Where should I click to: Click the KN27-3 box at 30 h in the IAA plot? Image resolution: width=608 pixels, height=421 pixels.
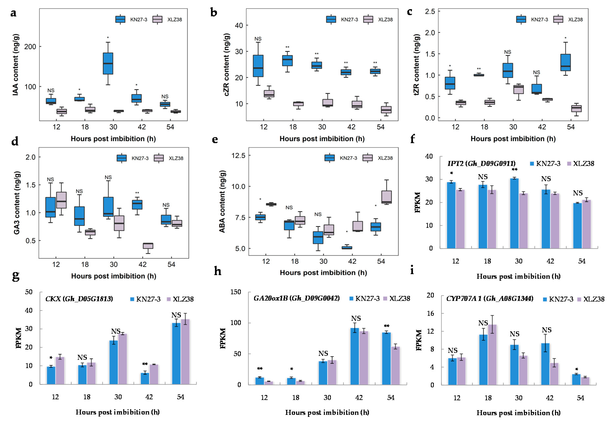click(x=108, y=63)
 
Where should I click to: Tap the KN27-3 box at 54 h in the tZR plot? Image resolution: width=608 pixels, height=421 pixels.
click(x=565, y=63)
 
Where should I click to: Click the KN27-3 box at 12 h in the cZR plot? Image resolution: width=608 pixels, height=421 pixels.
click(x=258, y=66)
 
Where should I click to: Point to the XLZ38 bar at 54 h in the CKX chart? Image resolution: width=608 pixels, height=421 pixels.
click(x=185, y=352)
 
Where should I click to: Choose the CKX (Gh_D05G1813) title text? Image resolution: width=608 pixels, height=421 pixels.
click(x=79, y=299)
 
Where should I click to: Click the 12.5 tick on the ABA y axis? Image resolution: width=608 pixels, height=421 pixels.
click(x=238, y=156)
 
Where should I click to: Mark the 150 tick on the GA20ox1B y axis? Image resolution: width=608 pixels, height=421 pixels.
click(x=236, y=292)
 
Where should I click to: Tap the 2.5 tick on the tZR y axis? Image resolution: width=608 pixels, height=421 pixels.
click(x=430, y=11)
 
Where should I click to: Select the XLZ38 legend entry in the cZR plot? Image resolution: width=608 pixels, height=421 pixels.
click(x=378, y=20)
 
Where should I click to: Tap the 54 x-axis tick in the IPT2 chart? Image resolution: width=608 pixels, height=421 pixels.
click(x=582, y=261)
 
